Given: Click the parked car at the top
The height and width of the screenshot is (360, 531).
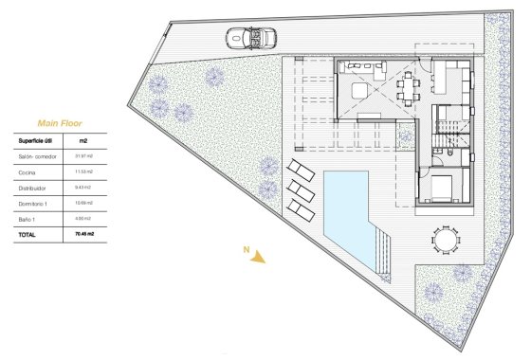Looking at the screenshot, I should pyautogui.click(x=251, y=40).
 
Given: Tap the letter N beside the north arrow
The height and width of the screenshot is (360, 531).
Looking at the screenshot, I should pyautogui.click(x=247, y=250).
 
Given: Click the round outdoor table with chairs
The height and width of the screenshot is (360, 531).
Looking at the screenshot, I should pyautogui.click(x=444, y=241).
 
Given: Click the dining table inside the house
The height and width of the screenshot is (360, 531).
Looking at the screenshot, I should pyautogui.click(x=408, y=87).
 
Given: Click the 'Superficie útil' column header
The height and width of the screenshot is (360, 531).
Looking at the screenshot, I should pyautogui.click(x=41, y=139).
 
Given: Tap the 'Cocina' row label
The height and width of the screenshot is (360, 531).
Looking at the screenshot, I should pyautogui.click(x=28, y=171).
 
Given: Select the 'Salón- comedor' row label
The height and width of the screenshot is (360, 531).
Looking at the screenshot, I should pyautogui.click(x=39, y=155).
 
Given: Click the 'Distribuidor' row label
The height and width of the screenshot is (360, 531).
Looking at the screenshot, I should pyautogui.click(x=34, y=187).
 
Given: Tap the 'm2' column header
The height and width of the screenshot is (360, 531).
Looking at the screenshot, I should pyautogui.click(x=82, y=139).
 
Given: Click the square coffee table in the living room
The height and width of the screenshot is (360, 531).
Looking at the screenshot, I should pyautogui.click(x=361, y=90).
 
